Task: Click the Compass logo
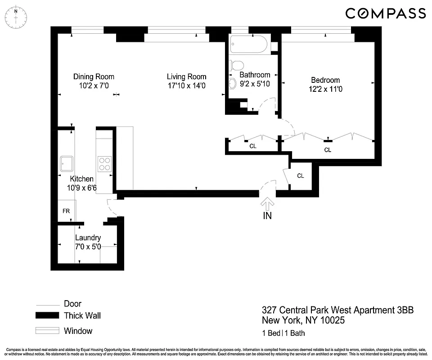pos(385,13)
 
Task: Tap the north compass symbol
pos(16,17)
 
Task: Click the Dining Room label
pos(94,76)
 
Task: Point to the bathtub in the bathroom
pos(248,45)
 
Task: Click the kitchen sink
pos(67,163)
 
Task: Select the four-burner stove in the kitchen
pos(105,163)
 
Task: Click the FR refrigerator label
pos(66,211)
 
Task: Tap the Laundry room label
pos(88,238)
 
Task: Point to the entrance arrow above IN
pos(267,203)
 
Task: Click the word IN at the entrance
pos(267,216)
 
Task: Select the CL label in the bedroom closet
pos(328,150)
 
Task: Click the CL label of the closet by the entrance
pos(300,176)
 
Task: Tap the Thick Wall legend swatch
pos(47,316)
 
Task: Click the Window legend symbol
pos(47,331)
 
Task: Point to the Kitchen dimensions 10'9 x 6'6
pos(81,188)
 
